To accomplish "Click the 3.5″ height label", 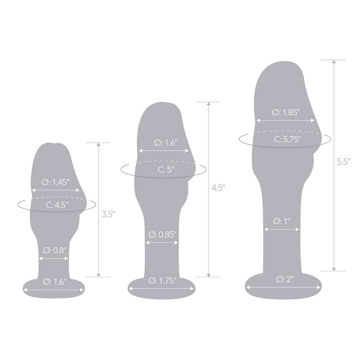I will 108,214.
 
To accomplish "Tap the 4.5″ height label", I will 218,188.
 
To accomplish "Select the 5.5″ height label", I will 343,162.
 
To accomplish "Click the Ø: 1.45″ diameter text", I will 55,182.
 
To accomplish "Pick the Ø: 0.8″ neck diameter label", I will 54,250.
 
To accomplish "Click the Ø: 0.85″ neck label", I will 162,235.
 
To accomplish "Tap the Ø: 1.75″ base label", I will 162,281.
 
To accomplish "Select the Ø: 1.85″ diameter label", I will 286,112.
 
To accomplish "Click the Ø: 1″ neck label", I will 282,221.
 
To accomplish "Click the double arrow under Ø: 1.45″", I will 55,190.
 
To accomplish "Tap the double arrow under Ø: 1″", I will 282,229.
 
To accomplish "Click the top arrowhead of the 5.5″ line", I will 334,62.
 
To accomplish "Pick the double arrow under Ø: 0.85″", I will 162,243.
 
